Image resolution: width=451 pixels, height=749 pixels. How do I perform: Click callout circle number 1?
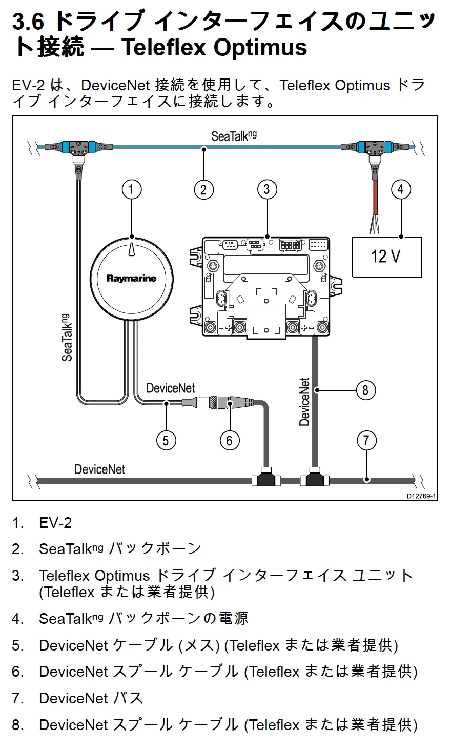(x=132, y=190)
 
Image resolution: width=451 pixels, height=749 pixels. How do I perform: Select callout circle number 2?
(x=204, y=190)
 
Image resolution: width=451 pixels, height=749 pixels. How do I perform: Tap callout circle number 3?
(x=267, y=190)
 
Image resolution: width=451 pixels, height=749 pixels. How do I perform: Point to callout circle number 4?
(x=401, y=190)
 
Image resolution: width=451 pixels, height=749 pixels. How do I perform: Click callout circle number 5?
(x=166, y=440)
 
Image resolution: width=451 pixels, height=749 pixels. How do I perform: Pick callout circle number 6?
(x=230, y=440)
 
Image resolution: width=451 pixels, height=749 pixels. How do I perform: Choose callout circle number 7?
(x=366, y=440)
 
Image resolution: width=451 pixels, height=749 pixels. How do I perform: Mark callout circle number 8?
(x=365, y=390)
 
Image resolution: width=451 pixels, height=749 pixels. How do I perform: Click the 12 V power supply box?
(x=387, y=257)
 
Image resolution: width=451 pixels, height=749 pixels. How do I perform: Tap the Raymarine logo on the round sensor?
(x=132, y=278)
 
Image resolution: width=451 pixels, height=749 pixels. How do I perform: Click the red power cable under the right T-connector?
(x=375, y=198)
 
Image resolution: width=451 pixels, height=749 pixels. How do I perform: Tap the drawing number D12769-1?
(x=421, y=496)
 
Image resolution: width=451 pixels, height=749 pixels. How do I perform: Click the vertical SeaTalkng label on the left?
(x=67, y=338)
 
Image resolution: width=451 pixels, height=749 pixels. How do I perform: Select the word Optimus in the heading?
(x=260, y=48)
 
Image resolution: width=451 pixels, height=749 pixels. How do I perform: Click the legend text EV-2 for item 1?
(x=55, y=523)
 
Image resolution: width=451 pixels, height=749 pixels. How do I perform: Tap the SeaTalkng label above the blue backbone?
(x=234, y=136)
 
